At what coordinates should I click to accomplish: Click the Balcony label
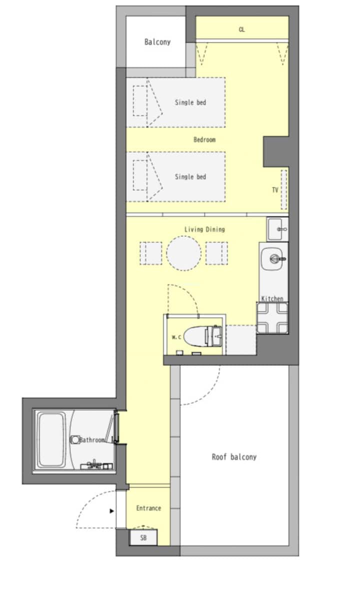(157, 42)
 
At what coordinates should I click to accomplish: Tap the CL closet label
(242, 29)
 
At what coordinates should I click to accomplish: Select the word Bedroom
(204, 139)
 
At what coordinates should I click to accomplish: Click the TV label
(275, 190)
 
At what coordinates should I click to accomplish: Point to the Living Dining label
(204, 229)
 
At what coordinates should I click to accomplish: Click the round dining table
(183, 253)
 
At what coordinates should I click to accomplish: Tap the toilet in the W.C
(202, 336)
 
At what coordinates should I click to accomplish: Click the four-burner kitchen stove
(272, 317)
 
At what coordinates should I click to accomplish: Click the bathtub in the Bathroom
(51, 440)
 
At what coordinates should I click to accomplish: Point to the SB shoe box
(143, 537)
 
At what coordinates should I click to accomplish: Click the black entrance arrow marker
(111, 511)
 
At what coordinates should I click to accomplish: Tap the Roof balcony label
(234, 457)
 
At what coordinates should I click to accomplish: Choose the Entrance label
(148, 508)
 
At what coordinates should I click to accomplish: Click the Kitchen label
(272, 298)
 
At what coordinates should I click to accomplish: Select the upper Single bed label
(190, 102)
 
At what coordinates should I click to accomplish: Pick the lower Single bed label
(190, 177)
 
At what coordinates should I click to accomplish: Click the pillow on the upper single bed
(139, 101)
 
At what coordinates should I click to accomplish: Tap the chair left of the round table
(150, 253)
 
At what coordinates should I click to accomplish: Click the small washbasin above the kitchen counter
(277, 229)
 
